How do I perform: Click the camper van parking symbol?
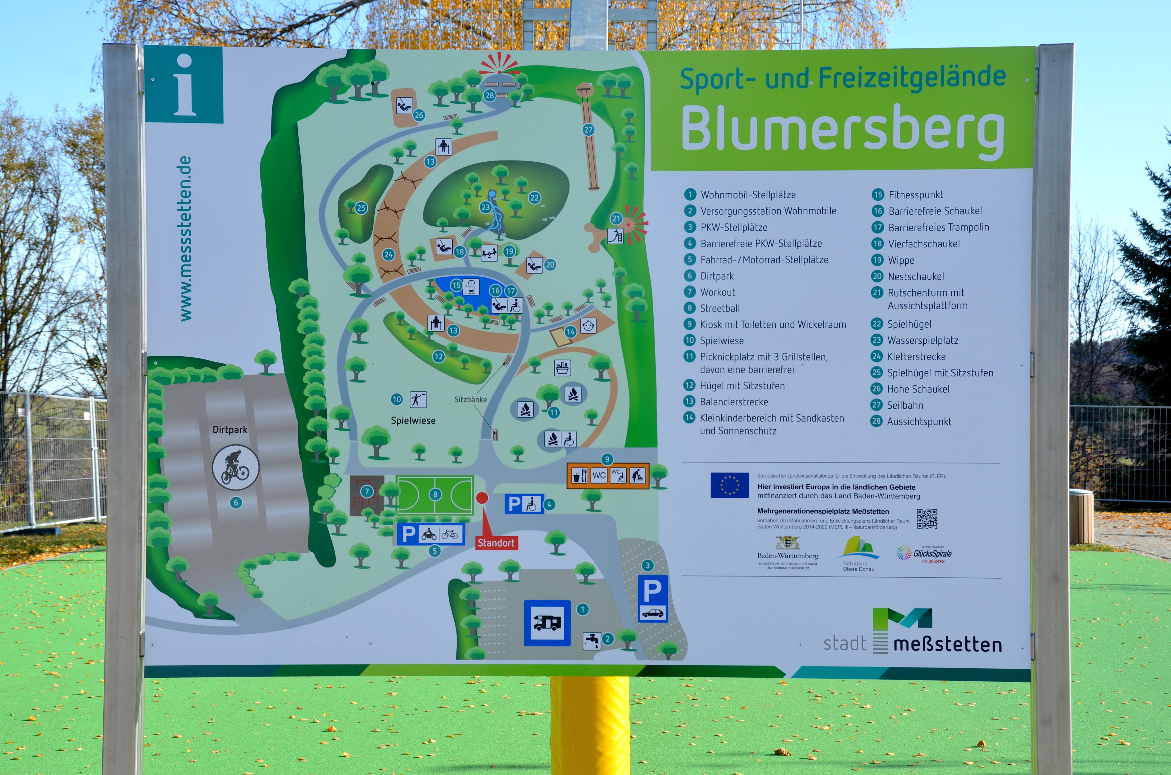tap(547, 623)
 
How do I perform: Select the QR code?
tap(927, 519)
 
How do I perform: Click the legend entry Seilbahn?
tap(904, 405)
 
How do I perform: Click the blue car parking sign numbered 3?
tap(652, 598)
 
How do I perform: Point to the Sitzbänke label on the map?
tap(470, 399)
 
